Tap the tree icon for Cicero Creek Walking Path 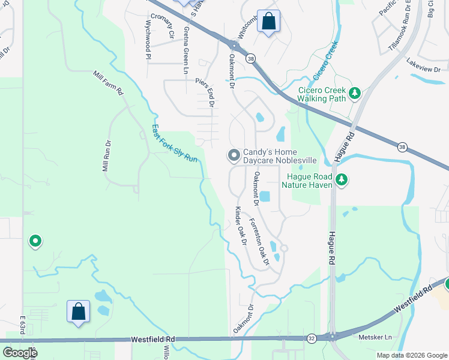[x=355, y=94]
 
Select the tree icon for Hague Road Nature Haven [x=342, y=179]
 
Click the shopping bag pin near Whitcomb [x=268, y=22]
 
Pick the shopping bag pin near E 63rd [x=78, y=311]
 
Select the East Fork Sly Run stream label [x=174, y=143]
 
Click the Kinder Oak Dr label [x=241, y=226]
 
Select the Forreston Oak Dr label [x=260, y=241]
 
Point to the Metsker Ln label [x=375, y=337]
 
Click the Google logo [x=20, y=353]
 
